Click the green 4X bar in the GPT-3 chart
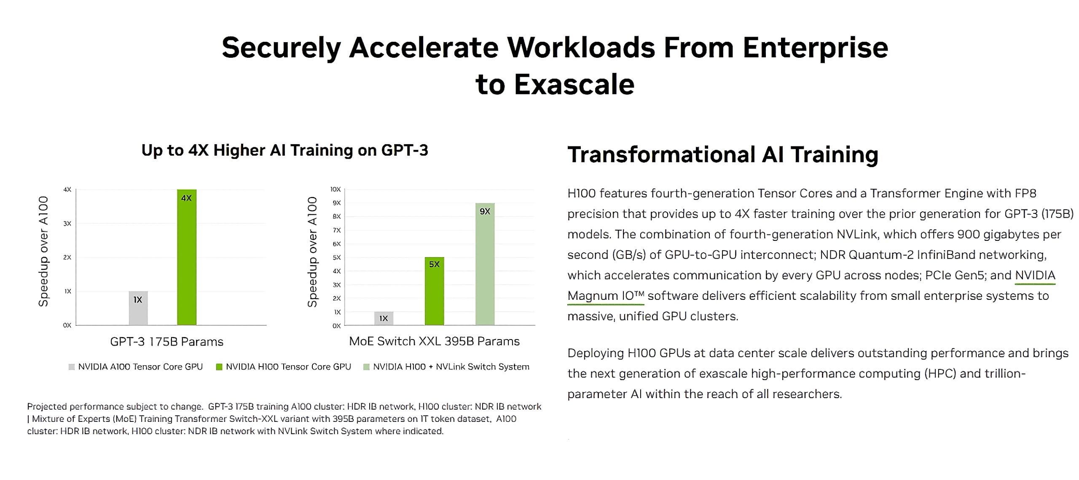tap(187, 257)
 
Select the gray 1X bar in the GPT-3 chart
tap(138, 308)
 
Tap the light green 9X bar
tap(485, 264)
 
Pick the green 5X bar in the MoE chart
tap(434, 291)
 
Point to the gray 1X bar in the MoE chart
tap(384, 318)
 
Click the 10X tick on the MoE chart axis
tap(336, 189)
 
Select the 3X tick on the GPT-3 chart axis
tap(67, 224)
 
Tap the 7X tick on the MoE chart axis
tap(337, 230)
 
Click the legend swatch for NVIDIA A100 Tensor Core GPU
tap(72, 367)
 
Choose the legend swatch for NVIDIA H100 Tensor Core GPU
tap(219, 367)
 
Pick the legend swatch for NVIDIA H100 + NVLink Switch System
tap(366, 367)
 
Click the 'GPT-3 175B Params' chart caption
tap(167, 342)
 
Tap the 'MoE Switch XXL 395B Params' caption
tap(435, 341)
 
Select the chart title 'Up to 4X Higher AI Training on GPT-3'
tap(285, 150)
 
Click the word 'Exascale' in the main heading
tap(574, 84)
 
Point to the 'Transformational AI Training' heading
tap(723, 154)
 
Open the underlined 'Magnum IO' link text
tap(606, 296)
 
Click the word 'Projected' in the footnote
tap(47, 407)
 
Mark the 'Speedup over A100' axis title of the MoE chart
tap(312, 252)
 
